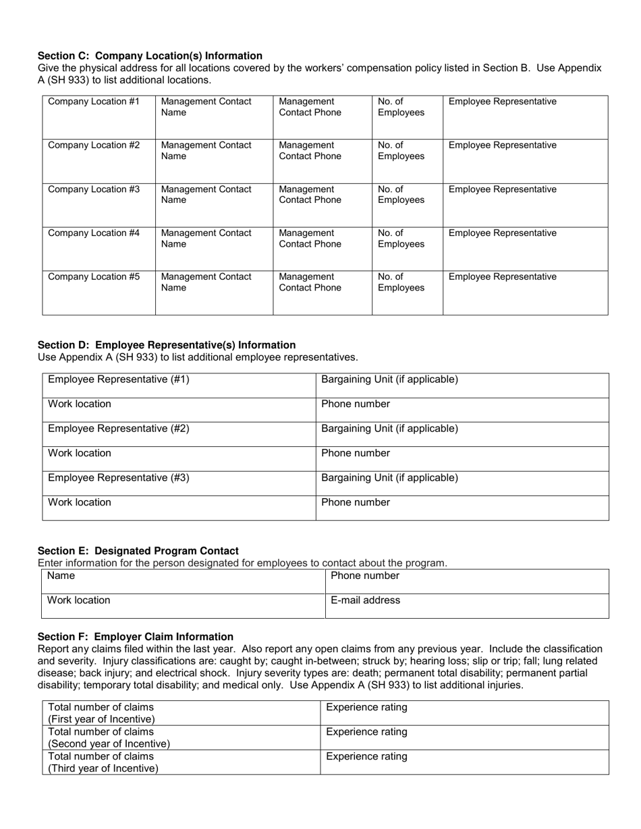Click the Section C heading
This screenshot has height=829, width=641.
[150, 56]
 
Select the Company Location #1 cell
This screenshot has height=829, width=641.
[99, 117]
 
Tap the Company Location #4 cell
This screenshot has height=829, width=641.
[99, 248]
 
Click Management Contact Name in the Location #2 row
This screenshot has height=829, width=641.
[214, 160]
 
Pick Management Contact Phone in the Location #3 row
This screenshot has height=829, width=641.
[322, 204]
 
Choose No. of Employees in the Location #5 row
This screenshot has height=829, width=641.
[407, 292]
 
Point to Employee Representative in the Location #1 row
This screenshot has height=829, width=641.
[525, 117]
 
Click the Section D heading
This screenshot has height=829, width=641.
[167, 345]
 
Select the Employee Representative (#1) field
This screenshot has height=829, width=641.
[179, 386]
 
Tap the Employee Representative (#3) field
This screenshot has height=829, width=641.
[179, 484]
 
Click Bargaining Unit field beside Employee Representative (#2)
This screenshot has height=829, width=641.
[462, 435]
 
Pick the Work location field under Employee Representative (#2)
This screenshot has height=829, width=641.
[179, 459]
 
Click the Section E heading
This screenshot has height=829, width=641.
[138, 551]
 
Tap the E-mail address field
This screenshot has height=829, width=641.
[467, 606]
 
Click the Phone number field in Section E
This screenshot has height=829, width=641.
[467, 582]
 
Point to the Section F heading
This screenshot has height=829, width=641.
[136, 636]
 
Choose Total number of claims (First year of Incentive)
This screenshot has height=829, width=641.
[181, 713]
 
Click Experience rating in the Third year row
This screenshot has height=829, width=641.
[464, 762]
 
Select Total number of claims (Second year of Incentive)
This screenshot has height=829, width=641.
[181, 737]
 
